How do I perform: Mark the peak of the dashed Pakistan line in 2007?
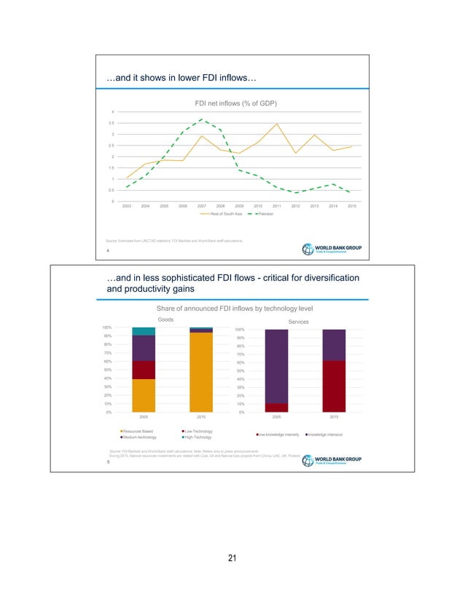(x=202, y=119)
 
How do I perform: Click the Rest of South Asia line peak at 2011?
(x=277, y=124)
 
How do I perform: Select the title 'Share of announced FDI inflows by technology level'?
(x=235, y=309)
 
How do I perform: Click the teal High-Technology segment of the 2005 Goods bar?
(x=144, y=331)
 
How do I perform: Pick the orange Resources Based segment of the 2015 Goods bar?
(x=201, y=372)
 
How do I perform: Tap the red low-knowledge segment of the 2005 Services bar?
(x=277, y=407)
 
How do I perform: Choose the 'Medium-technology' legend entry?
(x=142, y=437)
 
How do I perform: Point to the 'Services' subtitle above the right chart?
(x=299, y=322)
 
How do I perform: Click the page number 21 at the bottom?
(x=232, y=558)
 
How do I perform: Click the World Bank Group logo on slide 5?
(x=336, y=461)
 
